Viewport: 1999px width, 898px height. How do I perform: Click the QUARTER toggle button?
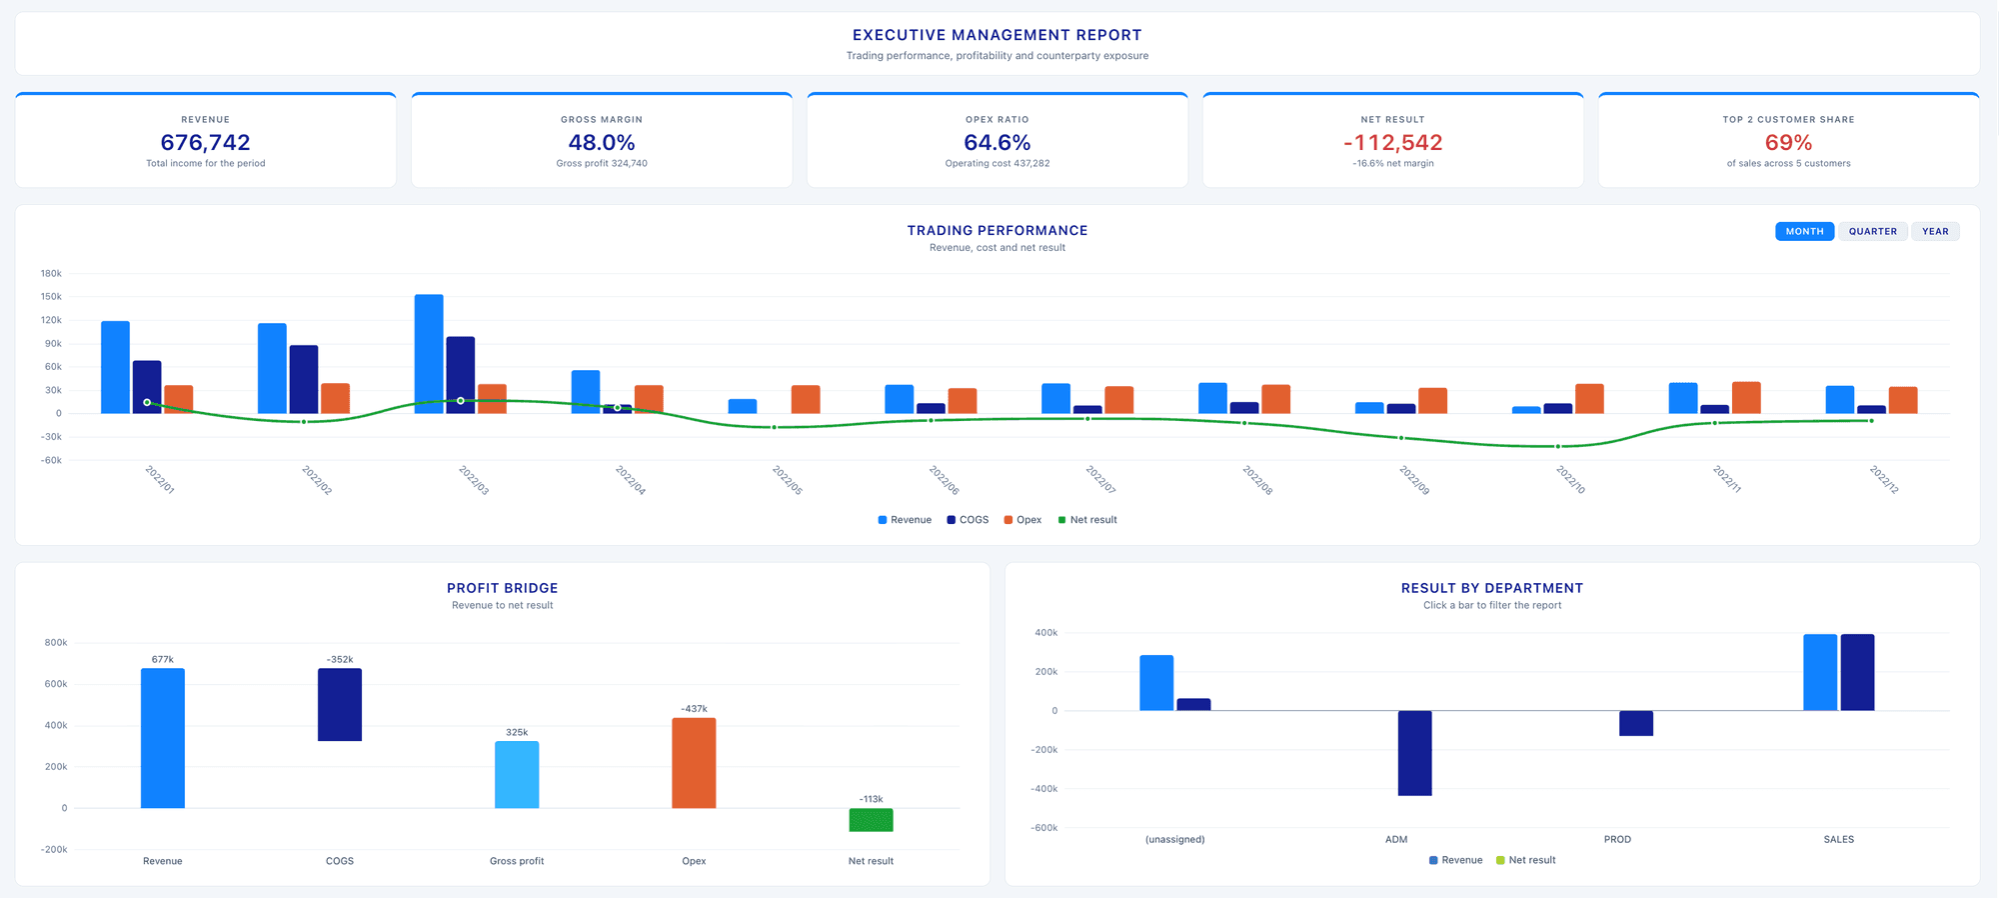(x=1872, y=231)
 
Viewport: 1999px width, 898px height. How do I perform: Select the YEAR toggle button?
(x=1935, y=231)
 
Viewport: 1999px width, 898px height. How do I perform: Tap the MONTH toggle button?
(x=1804, y=231)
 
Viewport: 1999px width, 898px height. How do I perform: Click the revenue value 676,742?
(x=206, y=143)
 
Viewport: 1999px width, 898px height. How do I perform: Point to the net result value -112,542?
(x=1392, y=143)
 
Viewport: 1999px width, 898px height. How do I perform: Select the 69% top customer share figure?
(x=1788, y=143)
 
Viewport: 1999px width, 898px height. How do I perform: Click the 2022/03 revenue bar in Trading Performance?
(x=429, y=354)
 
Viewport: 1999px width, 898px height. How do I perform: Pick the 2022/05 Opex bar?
(x=806, y=399)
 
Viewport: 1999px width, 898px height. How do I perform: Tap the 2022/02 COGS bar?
(x=304, y=379)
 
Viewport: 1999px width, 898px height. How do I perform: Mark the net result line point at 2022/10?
(x=1557, y=446)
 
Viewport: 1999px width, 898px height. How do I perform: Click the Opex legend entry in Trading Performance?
(x=1022, y=520)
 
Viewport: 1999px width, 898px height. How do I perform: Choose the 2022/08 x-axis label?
(x=1257, y=480)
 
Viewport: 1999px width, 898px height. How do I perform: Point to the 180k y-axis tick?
(x=51, y=273)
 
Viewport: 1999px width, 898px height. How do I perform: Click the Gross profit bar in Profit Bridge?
(x=517, y=774)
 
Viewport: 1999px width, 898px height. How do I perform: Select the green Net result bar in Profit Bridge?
(x=871, y=820)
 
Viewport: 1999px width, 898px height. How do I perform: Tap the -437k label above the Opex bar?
(x=694, y=709)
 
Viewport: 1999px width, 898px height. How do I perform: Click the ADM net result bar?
(x=1414, y=753)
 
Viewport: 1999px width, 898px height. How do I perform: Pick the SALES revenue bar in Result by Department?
(x=1820, y=672)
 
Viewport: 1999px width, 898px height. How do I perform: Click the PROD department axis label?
(x=1617, y=840)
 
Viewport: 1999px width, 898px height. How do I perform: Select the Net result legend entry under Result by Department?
(x=1526, y=860)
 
